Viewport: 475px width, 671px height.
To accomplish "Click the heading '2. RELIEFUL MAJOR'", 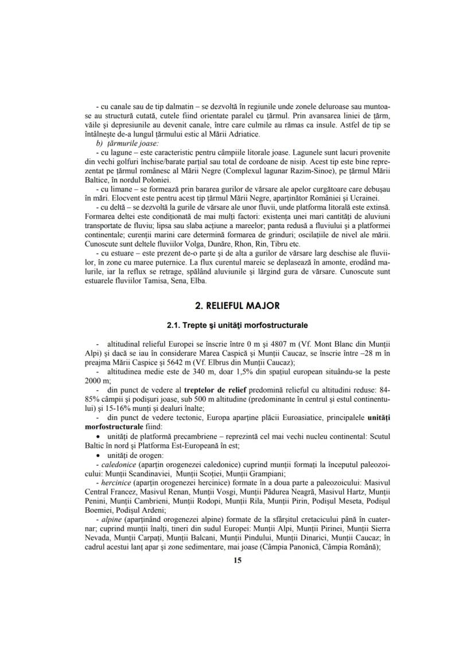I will point(237,306).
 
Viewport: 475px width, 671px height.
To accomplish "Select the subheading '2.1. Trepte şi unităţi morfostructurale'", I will point(237,325).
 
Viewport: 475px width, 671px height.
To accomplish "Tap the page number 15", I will point(237,560).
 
